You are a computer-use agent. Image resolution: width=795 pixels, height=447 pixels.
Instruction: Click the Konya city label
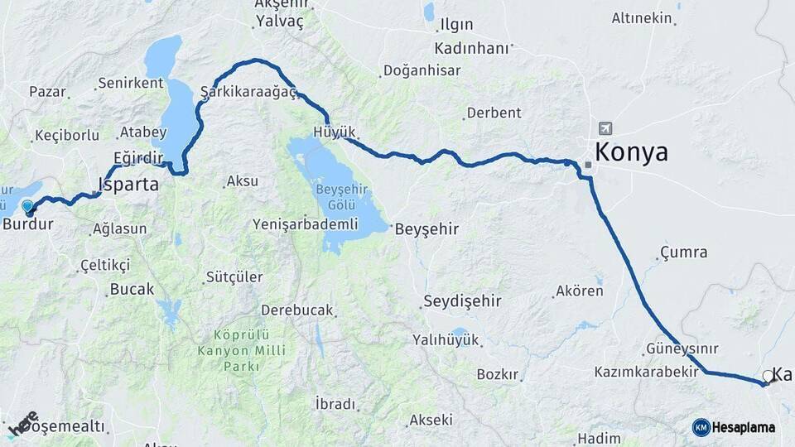coord(631,153)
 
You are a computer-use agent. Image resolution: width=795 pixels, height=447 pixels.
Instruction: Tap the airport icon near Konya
coord(605,128)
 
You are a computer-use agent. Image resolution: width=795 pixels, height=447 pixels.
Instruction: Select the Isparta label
coord(128,185)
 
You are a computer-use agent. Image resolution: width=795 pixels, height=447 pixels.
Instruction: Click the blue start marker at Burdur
coord(28,207)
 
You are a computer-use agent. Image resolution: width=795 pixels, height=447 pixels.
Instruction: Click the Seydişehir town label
coord(462,300)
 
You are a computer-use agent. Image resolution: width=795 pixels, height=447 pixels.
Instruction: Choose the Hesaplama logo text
coord(744,427)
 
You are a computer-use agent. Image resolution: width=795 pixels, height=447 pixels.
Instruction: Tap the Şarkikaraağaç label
coord(248,92)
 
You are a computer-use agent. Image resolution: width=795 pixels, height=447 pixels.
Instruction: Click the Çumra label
coord(684,252)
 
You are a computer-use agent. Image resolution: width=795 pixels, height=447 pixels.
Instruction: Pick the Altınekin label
coord(641,17)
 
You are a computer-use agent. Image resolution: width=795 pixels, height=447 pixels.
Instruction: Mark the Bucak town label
coord(132,290)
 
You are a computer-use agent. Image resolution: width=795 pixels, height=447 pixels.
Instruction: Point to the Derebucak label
coord(297,310)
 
